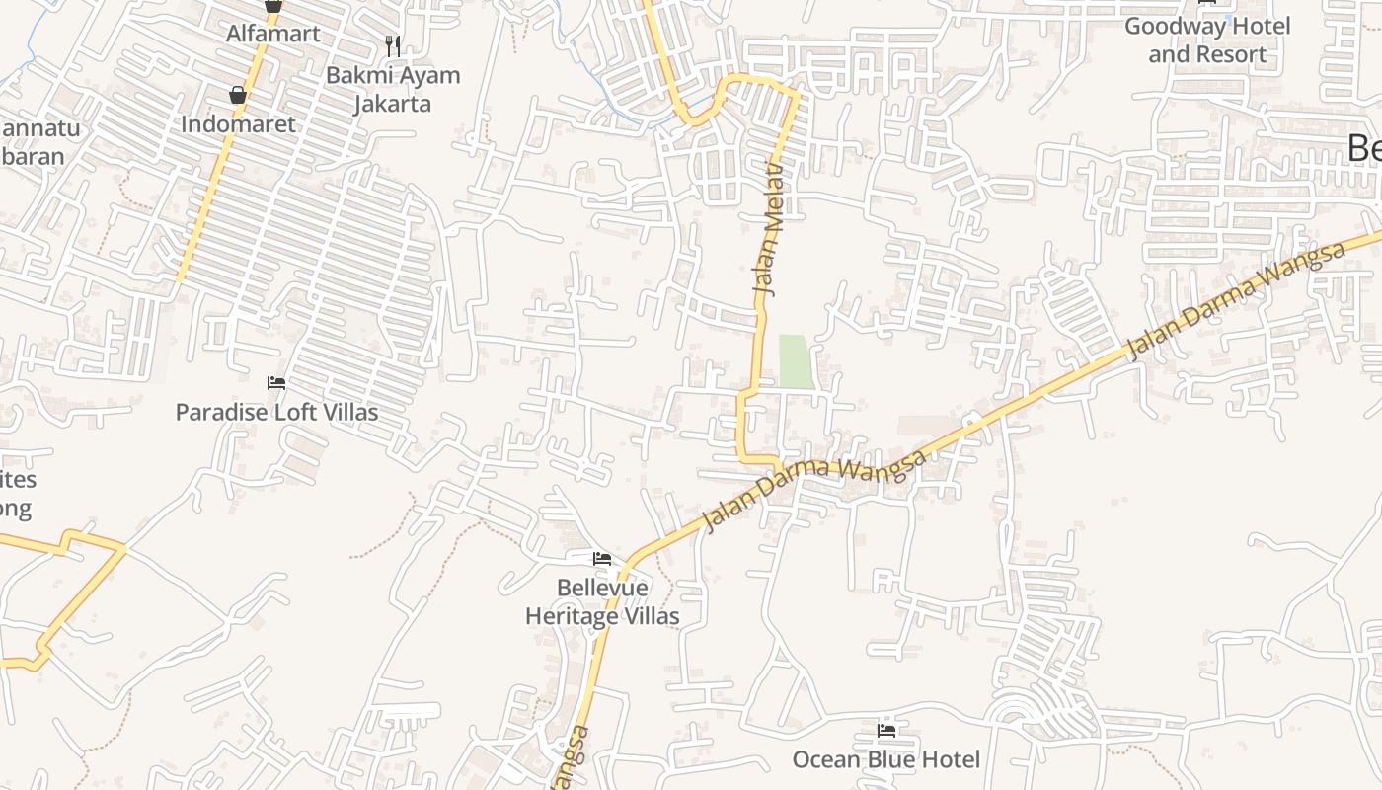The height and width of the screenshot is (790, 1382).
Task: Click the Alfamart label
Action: tap(273, 34)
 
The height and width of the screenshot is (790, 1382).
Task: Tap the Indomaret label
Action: tap(238, 124)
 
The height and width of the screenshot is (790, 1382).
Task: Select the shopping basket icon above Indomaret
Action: tap(238, 95)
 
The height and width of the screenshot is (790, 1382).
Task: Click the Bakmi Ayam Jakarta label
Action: tap(393, 89)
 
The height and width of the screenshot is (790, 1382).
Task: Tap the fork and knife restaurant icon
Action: tap(393, 44)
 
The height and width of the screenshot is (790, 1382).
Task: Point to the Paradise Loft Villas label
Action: tap(276, 412)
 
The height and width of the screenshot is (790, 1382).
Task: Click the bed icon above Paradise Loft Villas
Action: tap(276, 383)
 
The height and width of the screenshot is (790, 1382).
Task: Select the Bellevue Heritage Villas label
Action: tap(602, 602)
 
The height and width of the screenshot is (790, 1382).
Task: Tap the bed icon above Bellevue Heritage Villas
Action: tap(602, 560)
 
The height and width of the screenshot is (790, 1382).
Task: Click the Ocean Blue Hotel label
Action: tap(886, 759)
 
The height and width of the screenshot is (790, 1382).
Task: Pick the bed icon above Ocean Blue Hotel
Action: tap(886, 731)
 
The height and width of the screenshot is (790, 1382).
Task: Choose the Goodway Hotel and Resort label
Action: tap(1207, 40)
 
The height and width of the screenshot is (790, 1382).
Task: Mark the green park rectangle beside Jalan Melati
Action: tap(796, 360)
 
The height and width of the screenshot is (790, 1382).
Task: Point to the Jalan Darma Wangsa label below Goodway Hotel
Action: tap(1236, 297)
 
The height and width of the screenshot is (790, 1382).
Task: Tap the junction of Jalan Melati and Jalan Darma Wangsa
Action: tap(780, 464)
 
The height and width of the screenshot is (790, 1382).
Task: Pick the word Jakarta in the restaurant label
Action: tap(393, 103)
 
